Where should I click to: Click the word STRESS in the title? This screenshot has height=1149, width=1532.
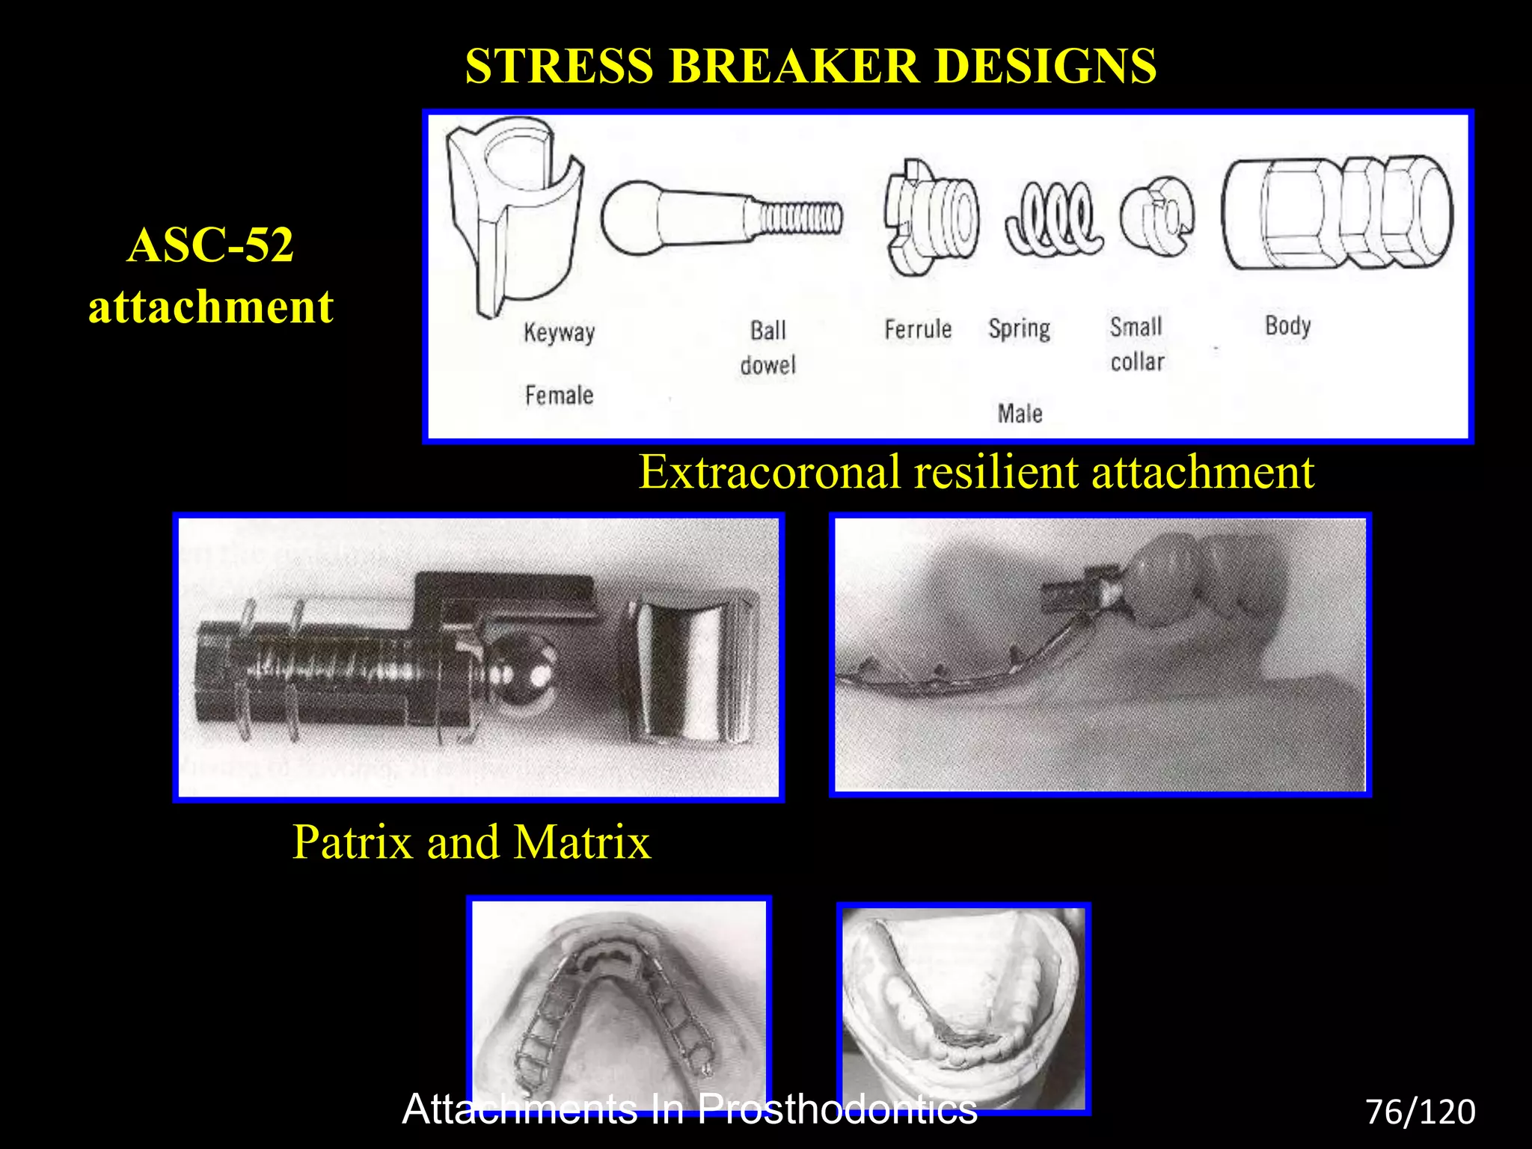pos(560,66)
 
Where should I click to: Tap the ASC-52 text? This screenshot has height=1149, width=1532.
pos(210,245)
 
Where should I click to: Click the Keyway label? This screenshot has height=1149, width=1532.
pos(559,332)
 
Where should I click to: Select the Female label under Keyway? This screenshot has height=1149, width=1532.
pos(559,395)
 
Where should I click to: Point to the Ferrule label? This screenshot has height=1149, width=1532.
pos(918,329)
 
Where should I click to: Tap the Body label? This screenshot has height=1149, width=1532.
pos(1287,326)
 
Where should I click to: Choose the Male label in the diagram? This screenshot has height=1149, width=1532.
pos(1020,414)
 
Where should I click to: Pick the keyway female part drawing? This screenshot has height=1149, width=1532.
pos(515,217)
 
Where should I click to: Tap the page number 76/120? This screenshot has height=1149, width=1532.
pos(1420,1112)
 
